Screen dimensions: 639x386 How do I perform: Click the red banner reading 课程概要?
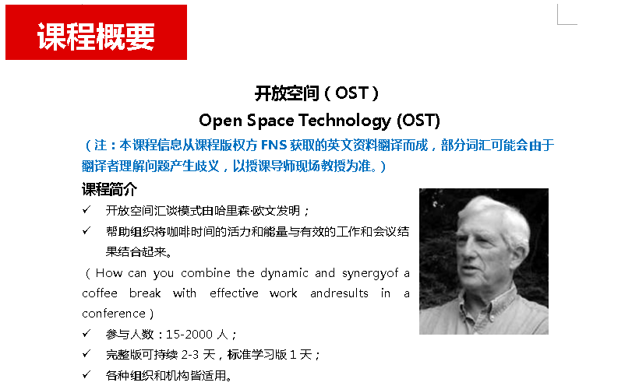pos(96,32)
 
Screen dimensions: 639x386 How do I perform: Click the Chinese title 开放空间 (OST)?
pos(316,93)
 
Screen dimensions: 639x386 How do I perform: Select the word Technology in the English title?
pos(344,121)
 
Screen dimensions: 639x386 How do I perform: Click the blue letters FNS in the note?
pos(274,145)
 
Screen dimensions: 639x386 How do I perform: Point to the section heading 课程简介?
pos(109,189)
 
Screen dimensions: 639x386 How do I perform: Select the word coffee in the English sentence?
pos(100,293)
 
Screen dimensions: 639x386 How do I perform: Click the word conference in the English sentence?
pos(114,314)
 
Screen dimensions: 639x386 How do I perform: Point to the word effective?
pos(234,293)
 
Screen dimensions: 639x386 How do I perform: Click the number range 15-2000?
pos(189,335)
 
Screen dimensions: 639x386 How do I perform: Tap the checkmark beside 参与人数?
pos(86,334)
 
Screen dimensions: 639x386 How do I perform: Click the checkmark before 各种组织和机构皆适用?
pos(86,374)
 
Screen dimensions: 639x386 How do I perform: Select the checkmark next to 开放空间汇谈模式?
pos(86,210)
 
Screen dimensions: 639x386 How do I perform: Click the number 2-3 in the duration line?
pos(190,355)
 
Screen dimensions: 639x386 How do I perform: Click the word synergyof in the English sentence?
pos(370,274)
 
